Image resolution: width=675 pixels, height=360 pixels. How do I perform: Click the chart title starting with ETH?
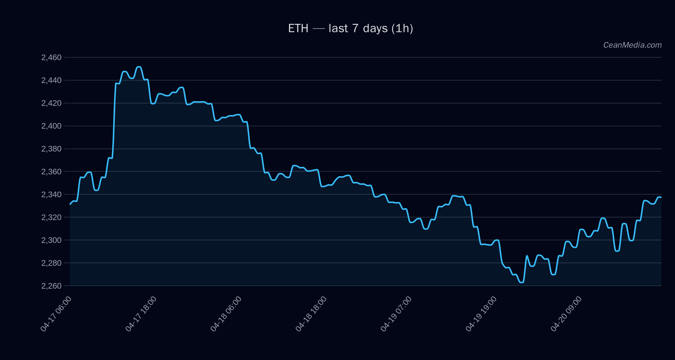click(350, 28)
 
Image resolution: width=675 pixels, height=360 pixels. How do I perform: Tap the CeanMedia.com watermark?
click(632, 45)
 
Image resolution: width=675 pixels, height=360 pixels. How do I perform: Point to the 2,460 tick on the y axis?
click(51, 58)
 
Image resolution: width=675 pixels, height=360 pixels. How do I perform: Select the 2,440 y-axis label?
click(51, 80)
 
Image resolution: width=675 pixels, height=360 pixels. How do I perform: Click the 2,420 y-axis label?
click(51, 103)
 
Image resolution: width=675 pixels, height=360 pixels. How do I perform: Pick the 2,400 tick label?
click(51, 126)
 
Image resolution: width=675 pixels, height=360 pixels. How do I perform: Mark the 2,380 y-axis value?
click(51, 149)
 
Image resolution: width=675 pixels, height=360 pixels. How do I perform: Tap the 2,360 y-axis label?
click(51, 172)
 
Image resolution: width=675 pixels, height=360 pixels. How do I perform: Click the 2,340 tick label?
click(51, 195)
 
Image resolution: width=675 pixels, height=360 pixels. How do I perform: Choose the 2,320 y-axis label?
click(51, 217)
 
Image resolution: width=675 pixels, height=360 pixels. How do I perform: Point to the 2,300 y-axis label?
click(51, 240)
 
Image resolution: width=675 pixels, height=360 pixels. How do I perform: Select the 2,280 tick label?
click(51, 263)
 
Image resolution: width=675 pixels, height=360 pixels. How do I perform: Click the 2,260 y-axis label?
click(51, 286)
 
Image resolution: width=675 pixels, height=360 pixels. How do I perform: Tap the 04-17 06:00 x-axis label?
click(56, 313)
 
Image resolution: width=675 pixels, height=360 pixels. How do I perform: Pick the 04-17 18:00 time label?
click(141, 313)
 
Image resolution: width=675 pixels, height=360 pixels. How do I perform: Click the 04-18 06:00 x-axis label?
click(226, 313)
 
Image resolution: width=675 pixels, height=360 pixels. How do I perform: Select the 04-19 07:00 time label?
click(396, 313)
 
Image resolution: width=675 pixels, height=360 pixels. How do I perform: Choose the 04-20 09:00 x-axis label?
click(567, 313)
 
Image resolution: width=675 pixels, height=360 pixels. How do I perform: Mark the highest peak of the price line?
click(139, 67)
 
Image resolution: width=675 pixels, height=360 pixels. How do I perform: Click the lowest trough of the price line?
click(522, 282)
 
